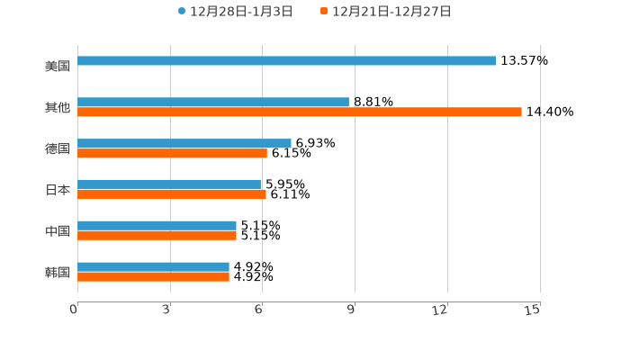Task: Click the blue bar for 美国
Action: (x=286, y=61)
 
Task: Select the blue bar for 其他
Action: (x=213, y=103)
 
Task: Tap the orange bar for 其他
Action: (x=300, y=112)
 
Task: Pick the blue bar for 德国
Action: (x=184, y=143)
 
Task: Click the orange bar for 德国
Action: (x=172, y=154)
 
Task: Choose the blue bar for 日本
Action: (x=169, y=184)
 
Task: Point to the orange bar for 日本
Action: (x=172, y=194)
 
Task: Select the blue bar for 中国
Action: (x=157, y=225)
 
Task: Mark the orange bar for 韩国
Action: (x=153, y=277)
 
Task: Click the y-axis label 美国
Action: (x=58, y=66)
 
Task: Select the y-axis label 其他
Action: (x=58, y=107)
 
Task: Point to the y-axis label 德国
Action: (x=58, y=148)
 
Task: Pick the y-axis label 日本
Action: (x=58, y=190)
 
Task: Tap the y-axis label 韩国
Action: (x=58, y=272)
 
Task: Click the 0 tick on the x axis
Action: (x=75, y=310)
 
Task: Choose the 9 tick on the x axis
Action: (x=352, y=310)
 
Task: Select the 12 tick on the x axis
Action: (x=440, y=310)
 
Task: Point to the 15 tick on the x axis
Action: (x=533, y=310)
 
